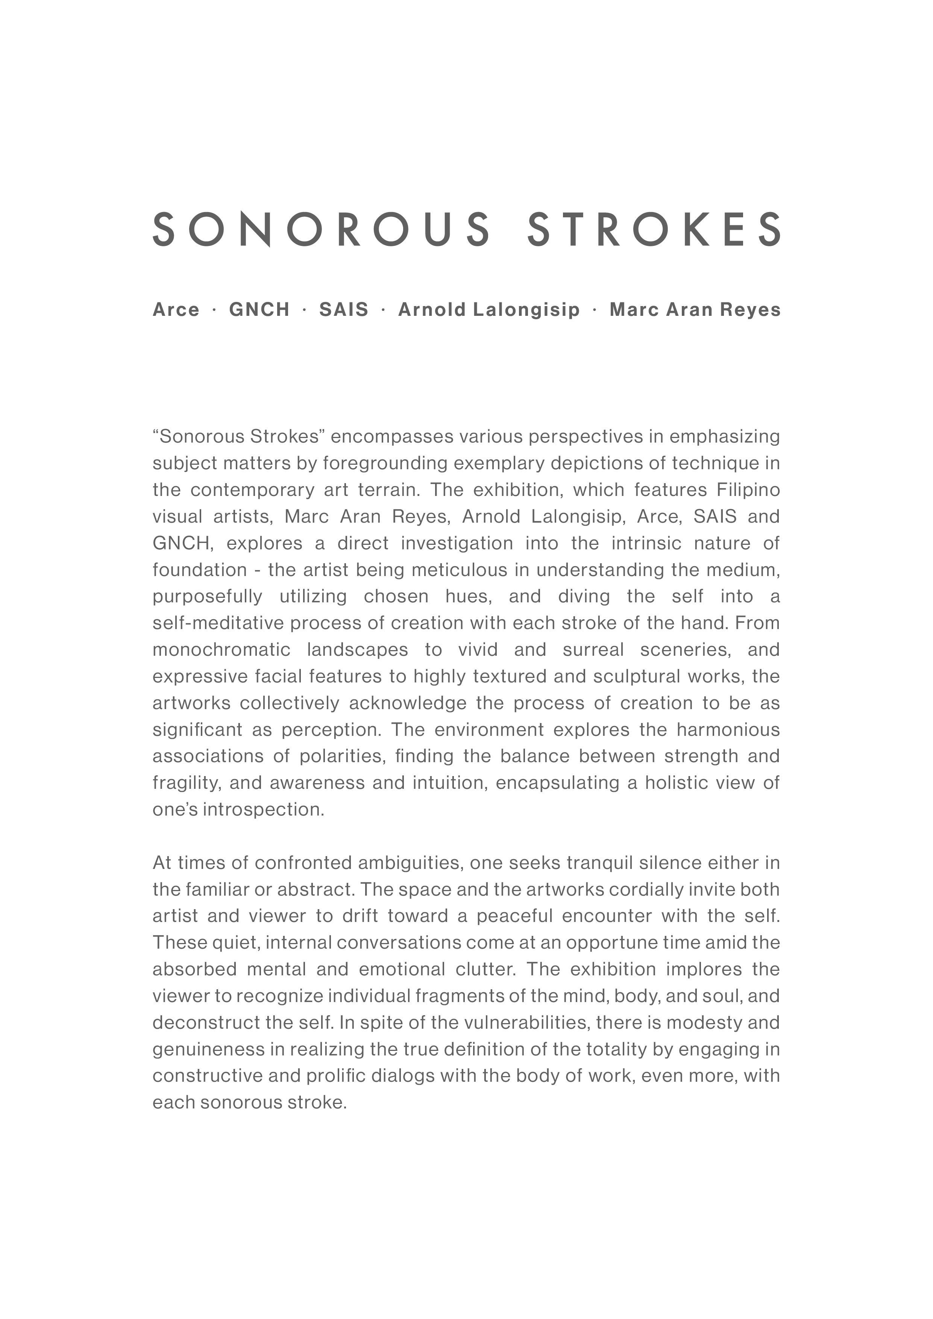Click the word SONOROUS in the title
point(322,229)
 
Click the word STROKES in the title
point(654,229)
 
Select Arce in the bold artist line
point(176,310)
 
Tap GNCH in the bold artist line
point(259,310)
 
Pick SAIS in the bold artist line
point(344,310)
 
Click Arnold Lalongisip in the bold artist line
point(489,310)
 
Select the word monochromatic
point(222,650)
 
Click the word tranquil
point(600,863)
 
